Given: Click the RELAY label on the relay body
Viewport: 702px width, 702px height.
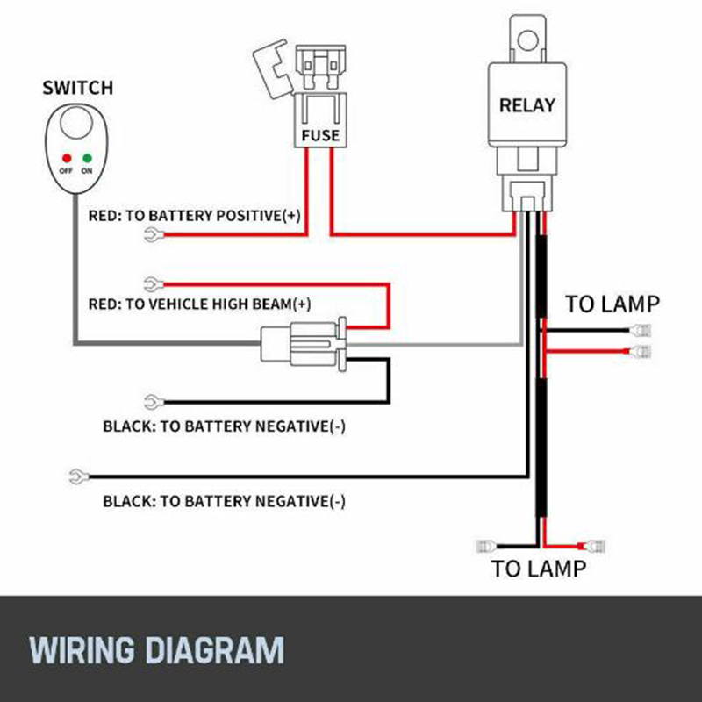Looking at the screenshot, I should (x=527, y=105).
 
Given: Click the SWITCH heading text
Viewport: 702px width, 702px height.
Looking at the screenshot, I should (x=78, y=88).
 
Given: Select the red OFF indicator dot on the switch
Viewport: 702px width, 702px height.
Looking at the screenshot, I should (x=65, y=159).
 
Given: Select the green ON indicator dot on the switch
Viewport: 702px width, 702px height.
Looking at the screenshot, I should (x=87, y=159).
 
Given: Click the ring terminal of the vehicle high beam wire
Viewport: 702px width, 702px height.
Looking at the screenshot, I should (x=151, y=283).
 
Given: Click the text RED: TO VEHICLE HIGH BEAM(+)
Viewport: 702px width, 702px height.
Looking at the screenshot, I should (x=200, y=304).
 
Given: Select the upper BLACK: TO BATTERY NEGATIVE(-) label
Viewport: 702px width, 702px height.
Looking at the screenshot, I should (x=224, y=427).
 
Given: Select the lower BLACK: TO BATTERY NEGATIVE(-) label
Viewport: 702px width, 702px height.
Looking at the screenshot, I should (x=224, y=502).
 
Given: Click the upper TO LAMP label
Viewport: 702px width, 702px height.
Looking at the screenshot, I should (x=612, y=304).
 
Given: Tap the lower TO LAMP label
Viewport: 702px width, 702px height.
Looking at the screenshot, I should (x=538, y=569).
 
